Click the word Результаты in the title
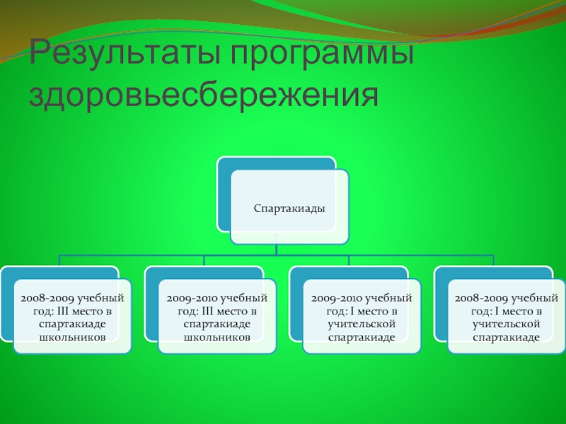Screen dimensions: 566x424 [x=125, y=52]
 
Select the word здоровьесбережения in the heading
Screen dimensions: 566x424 [x=204, y=95]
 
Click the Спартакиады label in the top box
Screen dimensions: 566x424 [x=289, y=208]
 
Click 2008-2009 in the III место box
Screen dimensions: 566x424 [x=47, y=298]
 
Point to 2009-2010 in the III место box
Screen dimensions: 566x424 [x=193, y=298]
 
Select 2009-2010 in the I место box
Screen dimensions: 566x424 [x=338, y=298]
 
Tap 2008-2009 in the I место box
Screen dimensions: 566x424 [x=482, y=298]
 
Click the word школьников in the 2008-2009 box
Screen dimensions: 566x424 [x=72, y=337]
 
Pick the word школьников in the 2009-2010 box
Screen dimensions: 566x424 [x=217, y=337]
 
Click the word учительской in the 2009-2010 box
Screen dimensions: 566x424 [x=362, y=324]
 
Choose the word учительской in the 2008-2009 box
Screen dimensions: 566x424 [x=506, y=324]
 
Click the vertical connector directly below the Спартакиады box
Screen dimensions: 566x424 [x=276, y=249]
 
